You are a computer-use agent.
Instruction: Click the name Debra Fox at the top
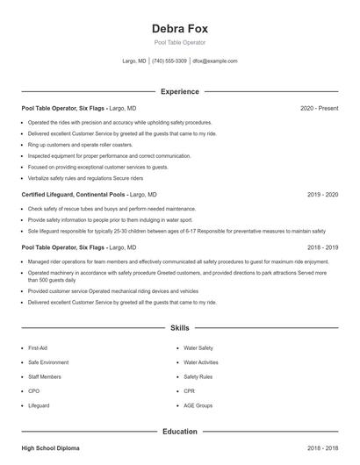[179, 28]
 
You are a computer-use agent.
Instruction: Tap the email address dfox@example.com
[215, 61]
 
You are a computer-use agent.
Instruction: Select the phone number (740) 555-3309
[169, 61]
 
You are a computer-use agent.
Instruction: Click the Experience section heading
[179, 91]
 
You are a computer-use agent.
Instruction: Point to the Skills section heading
[179, 328]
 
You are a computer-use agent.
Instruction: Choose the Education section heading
[179, 432]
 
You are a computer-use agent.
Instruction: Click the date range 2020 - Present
[320, 108]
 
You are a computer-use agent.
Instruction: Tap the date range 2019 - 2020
[323, 194]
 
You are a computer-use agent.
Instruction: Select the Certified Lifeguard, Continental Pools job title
[74, 194]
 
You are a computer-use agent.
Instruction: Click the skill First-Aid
[38, 348]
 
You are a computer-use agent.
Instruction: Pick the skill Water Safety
[198, 348]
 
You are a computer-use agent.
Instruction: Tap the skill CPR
[190, 391]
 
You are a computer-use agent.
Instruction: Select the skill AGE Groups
[198, 406]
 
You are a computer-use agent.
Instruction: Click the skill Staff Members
[45, 377]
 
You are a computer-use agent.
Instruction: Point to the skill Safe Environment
[48, 362]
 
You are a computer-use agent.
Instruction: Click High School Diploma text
[50, 448]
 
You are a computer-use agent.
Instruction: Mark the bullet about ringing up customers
[80, 144]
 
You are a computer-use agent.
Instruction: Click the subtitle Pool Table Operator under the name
[179, 42]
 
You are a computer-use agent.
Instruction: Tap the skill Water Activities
[201, 362]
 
